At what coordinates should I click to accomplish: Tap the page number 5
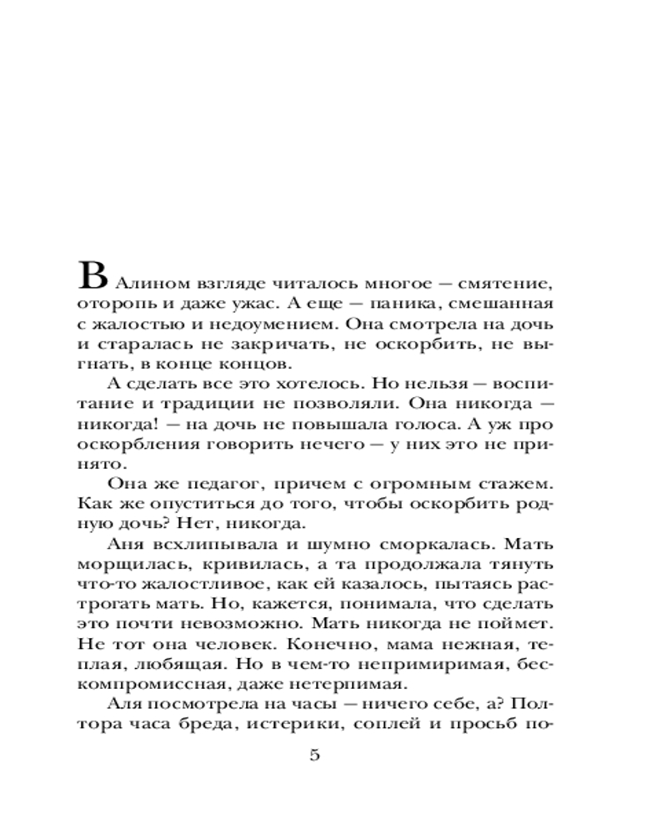click(x=314, y=756)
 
